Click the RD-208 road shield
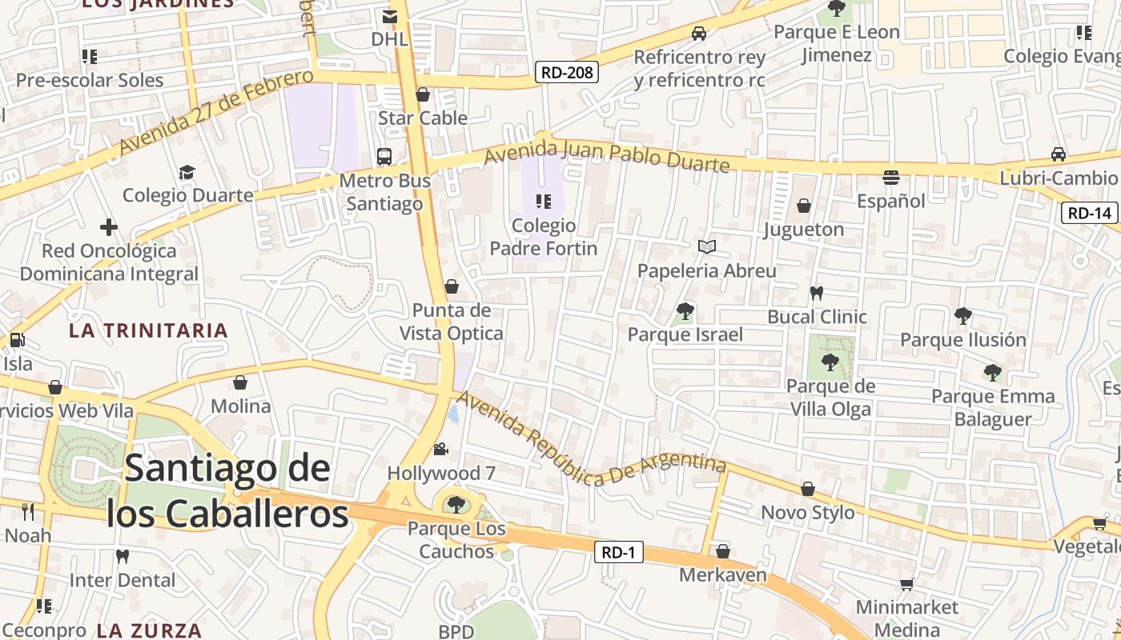point(567,73)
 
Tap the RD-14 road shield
point(1090,213)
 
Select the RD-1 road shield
point(618,552)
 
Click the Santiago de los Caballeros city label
point(227,490)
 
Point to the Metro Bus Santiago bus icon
point(384,156)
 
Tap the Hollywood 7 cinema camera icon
point(440,449)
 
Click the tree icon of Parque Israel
point(685,311)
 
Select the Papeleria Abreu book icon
point(706,247)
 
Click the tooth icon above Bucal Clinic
point(817,293)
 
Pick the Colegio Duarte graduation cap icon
point(187,172)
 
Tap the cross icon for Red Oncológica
point(109,227)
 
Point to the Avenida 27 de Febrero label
point(216,112)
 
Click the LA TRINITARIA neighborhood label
point(148,330)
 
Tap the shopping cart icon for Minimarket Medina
point(906,584)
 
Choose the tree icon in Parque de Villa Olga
point(830,362)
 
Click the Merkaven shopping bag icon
point(723,551)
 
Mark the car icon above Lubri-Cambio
point(1059,154)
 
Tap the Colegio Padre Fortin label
point(544,237)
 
